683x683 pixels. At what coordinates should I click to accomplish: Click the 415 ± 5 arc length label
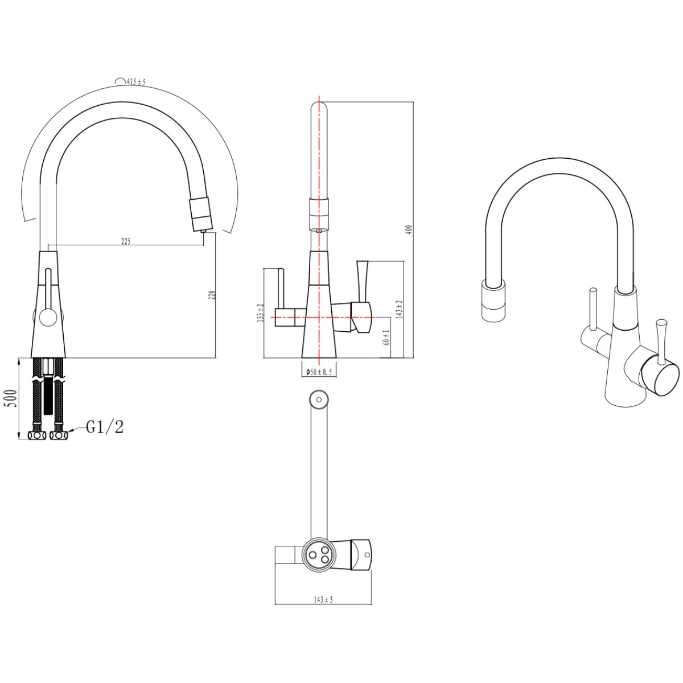[x=136, y=82]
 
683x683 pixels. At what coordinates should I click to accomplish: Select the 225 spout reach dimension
[x=126, y=241]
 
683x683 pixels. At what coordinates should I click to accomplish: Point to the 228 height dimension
[x=212, y=295]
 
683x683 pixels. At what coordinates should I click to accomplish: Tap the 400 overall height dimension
[x=410, y=229]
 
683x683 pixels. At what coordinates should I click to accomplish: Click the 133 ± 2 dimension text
[x=261, y=312]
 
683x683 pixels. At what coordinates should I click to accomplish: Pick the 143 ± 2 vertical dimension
[x=400, y=309]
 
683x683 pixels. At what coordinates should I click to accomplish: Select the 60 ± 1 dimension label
[x=386, y=337]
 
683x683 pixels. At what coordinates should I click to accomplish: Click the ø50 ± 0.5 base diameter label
[x=319, y=372]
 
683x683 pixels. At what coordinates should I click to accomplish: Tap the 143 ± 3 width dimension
[x=323, y=599]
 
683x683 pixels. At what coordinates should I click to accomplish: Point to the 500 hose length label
[x=12, y=399]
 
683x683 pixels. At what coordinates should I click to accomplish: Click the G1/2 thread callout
[x=105, y=427]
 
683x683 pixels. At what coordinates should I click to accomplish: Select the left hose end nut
[x=37, y=435]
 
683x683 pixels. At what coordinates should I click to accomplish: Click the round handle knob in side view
[x=47, y=316]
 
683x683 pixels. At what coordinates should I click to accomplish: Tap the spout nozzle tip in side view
[x=203, y=231]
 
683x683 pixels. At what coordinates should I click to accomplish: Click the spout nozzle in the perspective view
[x=493, y=300]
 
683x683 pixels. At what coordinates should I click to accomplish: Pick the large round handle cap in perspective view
[x=660, y=376]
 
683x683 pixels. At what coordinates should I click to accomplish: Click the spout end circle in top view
[x=319, y=400]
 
